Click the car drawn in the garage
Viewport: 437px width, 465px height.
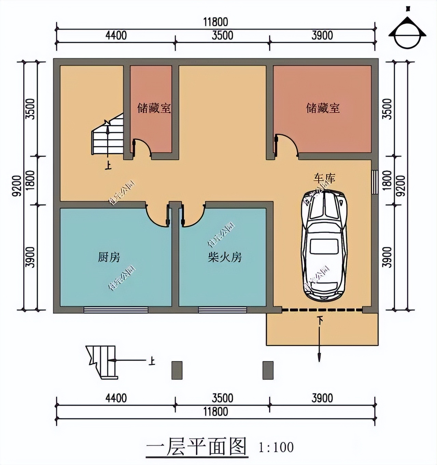(324, 245)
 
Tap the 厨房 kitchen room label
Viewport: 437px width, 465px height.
(109, 257)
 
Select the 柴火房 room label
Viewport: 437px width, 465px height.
(225, 257)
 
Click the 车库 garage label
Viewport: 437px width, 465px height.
(324, 178)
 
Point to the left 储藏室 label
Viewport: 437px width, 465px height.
(154, 108)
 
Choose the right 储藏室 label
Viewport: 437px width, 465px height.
(323, 108)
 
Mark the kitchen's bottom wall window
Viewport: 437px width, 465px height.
(116, 310)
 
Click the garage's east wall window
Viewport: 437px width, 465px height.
(375, 182)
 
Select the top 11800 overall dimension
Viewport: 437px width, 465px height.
(215, 22)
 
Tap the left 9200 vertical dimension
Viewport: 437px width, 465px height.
(18, 186)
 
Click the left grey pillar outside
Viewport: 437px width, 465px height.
(177, 370)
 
